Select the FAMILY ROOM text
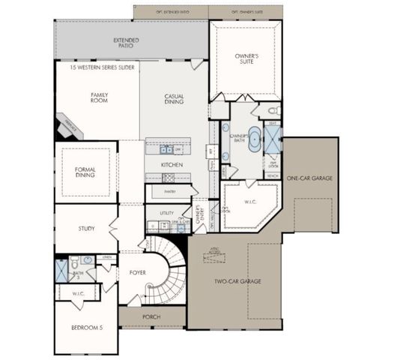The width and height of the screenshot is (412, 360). click(100, 98)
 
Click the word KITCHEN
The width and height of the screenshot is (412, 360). click(172, 164)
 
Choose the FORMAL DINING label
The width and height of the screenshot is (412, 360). click(85, 172)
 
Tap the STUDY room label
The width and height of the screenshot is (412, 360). click(85, 229)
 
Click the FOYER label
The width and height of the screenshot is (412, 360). click(137, 273)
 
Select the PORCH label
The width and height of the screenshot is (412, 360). click(151, 316)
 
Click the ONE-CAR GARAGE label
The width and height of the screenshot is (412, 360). click(309, 178)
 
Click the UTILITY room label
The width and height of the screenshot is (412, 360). click(166, 213)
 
